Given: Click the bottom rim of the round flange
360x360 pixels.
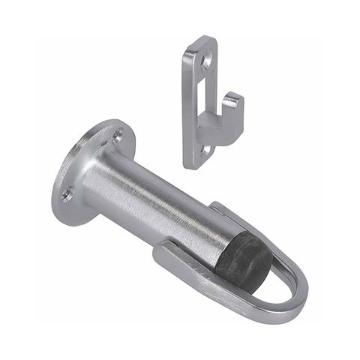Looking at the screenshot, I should [x=64, y=217].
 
